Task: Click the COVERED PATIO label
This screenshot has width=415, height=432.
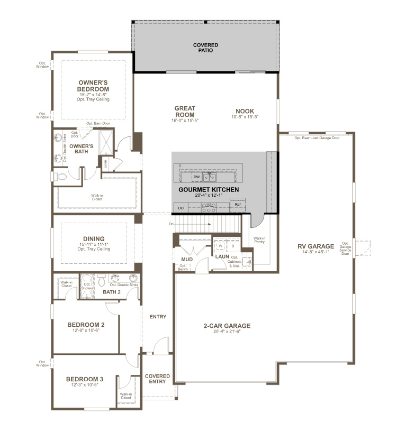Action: pos(205,48)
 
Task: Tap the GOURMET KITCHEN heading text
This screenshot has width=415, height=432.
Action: pos(209,189)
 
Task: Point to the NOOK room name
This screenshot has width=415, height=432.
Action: pos(245,112)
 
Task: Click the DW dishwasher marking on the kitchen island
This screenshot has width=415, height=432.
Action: pos(188,177)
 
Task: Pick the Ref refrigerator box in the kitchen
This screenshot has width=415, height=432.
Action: pos(238,204)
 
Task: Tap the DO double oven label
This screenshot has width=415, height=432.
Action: pos(181,208)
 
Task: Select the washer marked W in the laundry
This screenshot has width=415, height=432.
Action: pos(220,246)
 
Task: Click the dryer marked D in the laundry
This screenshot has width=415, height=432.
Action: pos(232,246)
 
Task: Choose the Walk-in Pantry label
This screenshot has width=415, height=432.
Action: pos(259,240)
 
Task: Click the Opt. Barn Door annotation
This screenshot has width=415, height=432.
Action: pos(98,123)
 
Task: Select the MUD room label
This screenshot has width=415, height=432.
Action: pos(186,259)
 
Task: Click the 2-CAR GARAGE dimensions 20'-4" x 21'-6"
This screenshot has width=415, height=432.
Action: pos(226,332)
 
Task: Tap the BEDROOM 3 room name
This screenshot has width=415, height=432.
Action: pos(85,379)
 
